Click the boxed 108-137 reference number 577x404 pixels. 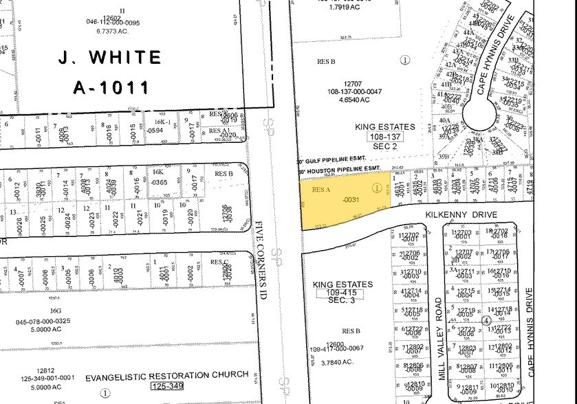tap(386, 137)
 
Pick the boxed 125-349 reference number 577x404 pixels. tap(168, 388)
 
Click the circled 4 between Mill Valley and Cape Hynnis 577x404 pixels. tap(486, 320)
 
